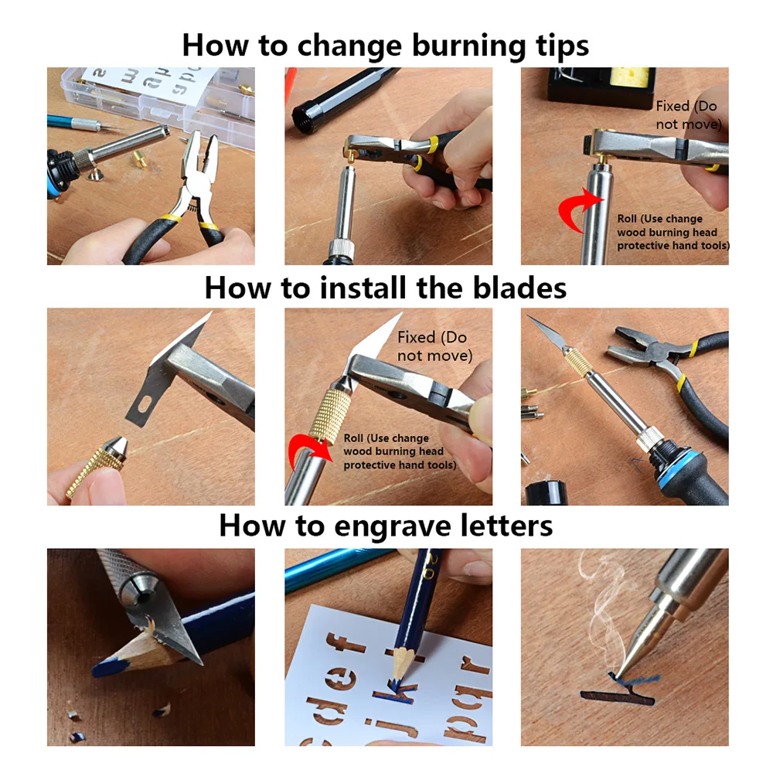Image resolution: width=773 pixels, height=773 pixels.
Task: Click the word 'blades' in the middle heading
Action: (519, 288)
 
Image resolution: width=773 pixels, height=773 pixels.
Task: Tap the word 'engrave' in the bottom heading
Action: (393, 526)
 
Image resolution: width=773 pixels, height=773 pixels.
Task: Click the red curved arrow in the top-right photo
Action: (577, 209)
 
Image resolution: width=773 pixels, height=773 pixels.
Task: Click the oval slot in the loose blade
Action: (143, 406)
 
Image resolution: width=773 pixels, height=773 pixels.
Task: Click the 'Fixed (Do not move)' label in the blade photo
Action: (434, 346)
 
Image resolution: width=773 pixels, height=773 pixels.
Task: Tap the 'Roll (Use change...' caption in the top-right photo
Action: (673, 232)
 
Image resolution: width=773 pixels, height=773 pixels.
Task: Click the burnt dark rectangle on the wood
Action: (617, 697)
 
